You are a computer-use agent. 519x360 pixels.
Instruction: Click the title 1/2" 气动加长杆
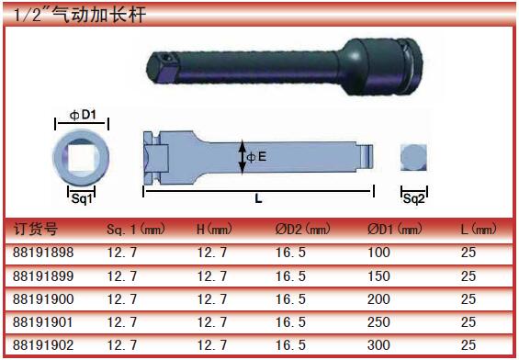(x=79, y=16)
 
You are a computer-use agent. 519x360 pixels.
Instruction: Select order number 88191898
(x=43, y=253)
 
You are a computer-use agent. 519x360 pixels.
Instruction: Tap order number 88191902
(x=43, y=345)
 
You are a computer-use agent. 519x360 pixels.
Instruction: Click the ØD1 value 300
(x=378, y=345)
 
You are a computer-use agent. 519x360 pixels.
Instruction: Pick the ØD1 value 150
(x=378, y=276)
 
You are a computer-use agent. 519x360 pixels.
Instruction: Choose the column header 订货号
(x=36, y=229)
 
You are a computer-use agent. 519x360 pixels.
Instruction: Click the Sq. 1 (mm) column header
(x=136, y=229)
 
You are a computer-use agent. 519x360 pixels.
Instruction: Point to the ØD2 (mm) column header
(x=303, y=229)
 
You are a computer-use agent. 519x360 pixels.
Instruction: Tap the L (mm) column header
(x=479, y=229)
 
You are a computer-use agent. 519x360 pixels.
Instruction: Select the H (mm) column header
(x=214, y=229)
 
